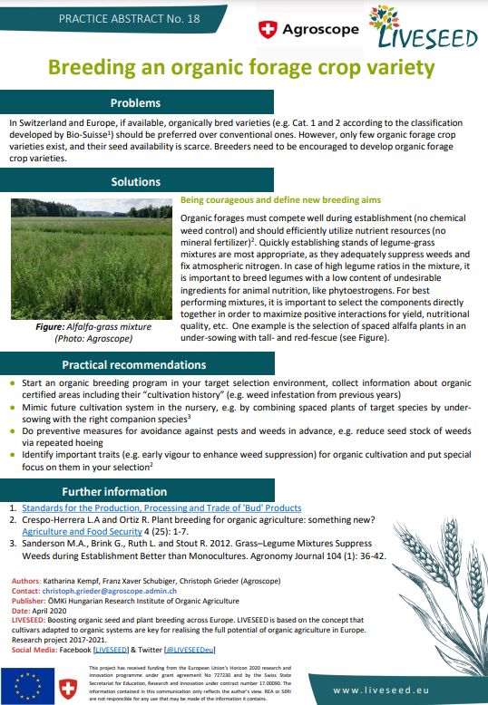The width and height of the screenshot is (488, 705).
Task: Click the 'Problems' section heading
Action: click(135, 102)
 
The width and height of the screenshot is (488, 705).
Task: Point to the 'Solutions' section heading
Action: click(135, 182)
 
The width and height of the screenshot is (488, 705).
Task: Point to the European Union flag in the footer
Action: click(27, 684)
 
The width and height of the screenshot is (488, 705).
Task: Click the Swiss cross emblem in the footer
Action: click(69, 685)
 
